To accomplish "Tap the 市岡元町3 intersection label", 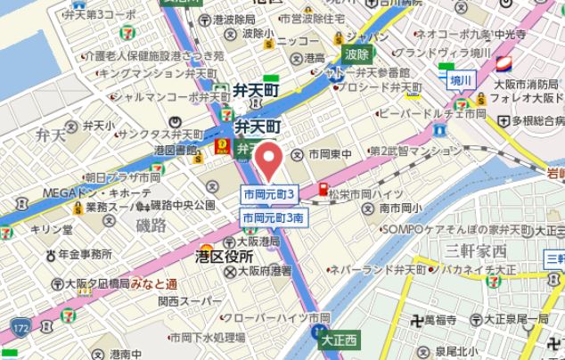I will point(269,194).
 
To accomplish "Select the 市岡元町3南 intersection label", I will point(275,217).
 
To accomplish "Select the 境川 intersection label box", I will point(460,80).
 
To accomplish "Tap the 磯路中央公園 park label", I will point(183,205).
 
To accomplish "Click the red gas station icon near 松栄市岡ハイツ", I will point(323,189).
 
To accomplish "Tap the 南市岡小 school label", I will point(399,208).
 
